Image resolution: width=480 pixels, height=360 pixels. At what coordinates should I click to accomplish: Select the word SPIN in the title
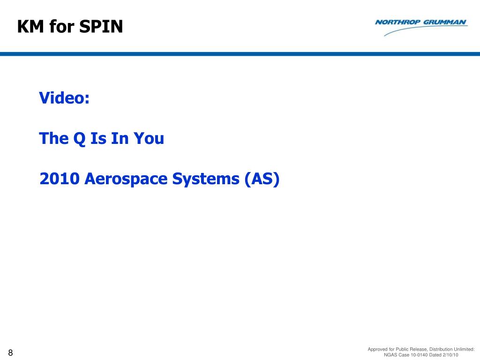click(x=101, y=26)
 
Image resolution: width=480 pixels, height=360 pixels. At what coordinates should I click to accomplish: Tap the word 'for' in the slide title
click(x=62, y=26)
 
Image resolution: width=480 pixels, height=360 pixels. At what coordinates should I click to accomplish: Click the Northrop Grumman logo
click(x=421, y=27)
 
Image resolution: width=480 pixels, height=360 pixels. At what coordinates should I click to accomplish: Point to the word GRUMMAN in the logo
click(x=445, y=22)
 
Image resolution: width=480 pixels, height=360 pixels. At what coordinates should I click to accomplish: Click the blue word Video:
click(x=64, y=97)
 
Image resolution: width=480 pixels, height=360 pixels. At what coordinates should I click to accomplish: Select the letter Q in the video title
click(x=79, y=138)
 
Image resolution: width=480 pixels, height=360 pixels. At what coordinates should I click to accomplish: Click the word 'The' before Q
click(x=54, y=138)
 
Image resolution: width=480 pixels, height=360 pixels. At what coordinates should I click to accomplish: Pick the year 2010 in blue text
click(x=60, y=179)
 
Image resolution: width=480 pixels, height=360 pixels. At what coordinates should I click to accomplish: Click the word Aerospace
click(x=126, y=179)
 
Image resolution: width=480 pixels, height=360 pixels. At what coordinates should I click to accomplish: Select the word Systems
click(x=206, y=179)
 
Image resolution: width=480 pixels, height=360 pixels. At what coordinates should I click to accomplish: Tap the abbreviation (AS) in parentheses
click(x=262, y=179)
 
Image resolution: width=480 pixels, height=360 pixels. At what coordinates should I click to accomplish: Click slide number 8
click(x=10, y=352)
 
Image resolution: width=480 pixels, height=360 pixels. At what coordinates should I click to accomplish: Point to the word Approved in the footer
click(x=377, y=349)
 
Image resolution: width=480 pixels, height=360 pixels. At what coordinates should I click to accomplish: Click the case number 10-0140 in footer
click(x=419, y=355)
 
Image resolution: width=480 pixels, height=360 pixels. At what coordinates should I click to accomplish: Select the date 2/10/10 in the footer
click(x=450, y=355)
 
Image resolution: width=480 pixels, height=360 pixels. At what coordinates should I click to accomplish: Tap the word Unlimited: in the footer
click(x=464, y=349)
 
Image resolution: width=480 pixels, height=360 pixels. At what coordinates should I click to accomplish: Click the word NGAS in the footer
click(x=390, y=355)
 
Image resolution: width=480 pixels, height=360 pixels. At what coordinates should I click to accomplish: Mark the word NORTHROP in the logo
click(x=397, y=22)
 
